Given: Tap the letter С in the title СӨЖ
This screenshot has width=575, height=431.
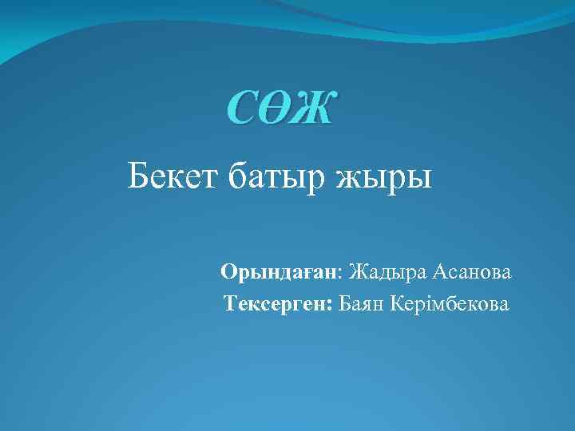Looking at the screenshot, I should pos(244,109).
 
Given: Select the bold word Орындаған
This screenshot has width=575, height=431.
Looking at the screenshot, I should pos(280,274).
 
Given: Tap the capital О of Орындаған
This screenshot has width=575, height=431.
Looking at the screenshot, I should pos(228,273).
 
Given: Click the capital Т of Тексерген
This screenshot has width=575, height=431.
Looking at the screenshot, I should pos(230,303).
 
